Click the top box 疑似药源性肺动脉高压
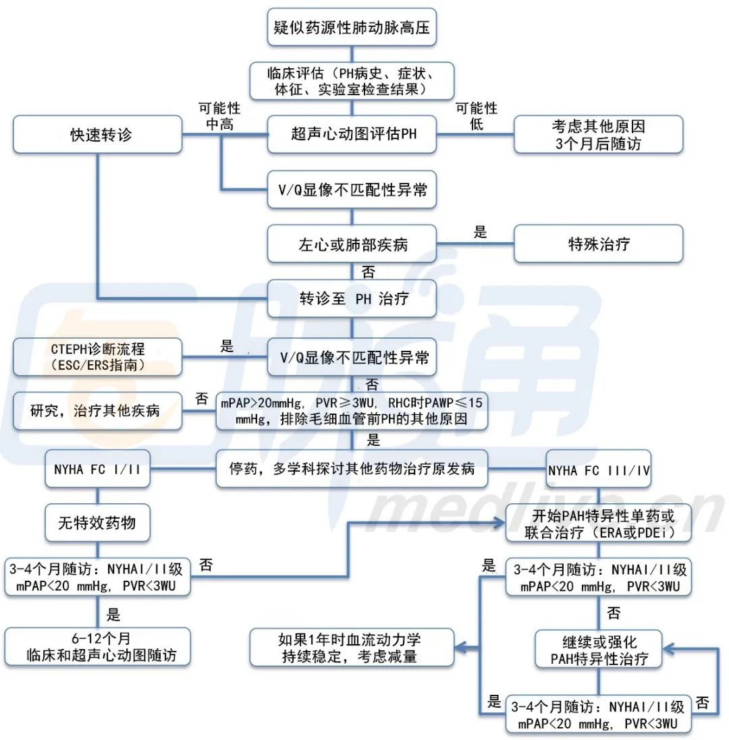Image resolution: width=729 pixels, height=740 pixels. pos(351,27)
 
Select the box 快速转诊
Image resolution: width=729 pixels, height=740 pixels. pos(98,134)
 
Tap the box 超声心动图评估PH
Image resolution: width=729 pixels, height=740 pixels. pos(351,134)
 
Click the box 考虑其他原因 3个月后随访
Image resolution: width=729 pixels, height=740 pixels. pos(598,134)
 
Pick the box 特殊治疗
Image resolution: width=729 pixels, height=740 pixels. pos(598,244)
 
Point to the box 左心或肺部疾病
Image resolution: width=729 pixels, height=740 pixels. pos(351,244)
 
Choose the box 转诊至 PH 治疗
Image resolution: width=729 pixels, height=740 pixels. pos(351,299)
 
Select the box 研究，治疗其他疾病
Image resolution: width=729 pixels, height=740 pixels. pos(98,410)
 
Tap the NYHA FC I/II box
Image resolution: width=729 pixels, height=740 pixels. pos(98,469)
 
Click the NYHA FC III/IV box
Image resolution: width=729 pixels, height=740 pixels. pos(598,469)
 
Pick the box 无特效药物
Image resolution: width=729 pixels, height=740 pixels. pos(98,522)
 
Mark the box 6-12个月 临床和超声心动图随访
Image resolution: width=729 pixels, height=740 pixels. pos(98,646)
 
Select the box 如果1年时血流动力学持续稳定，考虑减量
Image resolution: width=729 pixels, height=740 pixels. pos(351,646)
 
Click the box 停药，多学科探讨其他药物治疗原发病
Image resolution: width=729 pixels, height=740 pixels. pos(351,468)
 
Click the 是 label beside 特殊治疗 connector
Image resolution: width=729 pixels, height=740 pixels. pos(480,233)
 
